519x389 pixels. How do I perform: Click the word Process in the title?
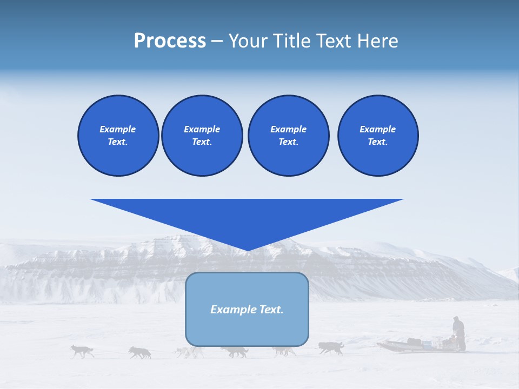170,41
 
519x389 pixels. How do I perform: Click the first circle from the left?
118,136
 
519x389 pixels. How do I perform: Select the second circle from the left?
202,136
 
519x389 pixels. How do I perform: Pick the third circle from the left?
288,136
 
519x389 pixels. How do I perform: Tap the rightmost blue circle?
377,136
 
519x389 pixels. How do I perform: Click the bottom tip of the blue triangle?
247,250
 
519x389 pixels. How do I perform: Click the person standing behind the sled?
458,333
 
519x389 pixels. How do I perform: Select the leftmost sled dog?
82,351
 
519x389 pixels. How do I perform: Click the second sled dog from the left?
140,352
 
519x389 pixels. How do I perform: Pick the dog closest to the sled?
331,347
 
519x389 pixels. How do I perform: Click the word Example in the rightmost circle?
377,129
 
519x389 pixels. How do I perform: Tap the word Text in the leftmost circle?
117,142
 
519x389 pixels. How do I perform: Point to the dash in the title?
217,42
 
